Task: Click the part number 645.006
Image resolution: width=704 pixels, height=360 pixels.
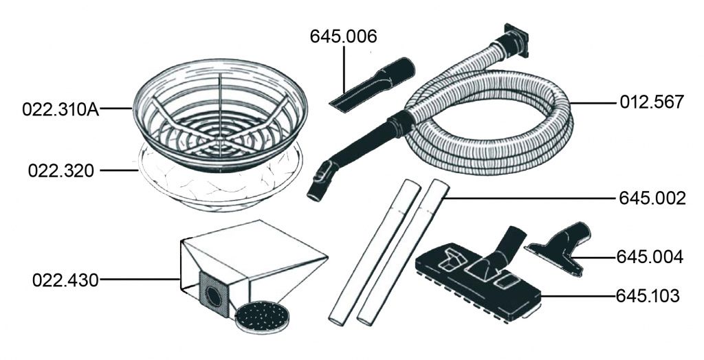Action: tap(344, 37)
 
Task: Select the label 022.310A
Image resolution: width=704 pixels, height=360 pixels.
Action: tap(60, 109)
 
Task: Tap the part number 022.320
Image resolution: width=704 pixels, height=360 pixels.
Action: tap(61, 170)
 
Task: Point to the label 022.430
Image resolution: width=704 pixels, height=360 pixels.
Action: tap(65, 280)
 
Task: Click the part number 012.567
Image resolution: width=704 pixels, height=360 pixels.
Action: tap(652, 102)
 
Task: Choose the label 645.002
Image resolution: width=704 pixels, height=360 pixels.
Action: tap(652, 198)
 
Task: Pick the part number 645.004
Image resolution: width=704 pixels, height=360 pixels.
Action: tap(650, 257)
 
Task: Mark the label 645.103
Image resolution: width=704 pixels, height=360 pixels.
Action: tap(648, 296)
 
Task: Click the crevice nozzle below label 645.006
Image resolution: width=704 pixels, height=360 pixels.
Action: tap(372, 84)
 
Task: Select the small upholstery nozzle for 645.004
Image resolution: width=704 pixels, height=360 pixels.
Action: tap(562, 246)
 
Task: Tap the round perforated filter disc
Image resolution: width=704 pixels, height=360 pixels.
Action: tap(262, 317)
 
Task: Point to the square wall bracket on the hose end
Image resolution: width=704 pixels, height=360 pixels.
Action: tap(516, 41)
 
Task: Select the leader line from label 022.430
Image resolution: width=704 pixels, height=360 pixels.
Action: tap(140, 280)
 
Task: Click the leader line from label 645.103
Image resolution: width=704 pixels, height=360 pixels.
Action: tap(577, 296)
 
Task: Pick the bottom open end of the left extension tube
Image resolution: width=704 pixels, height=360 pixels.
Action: tap(337, 321)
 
